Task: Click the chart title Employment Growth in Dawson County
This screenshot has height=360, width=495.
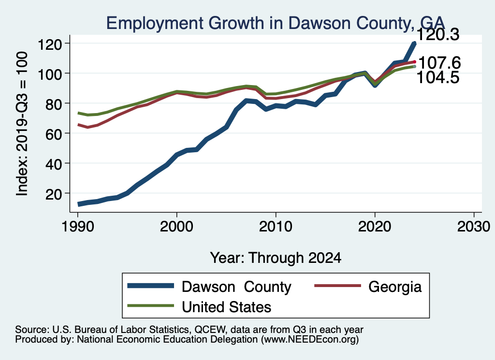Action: click(275, 23)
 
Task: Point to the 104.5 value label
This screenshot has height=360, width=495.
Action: click(438, 77)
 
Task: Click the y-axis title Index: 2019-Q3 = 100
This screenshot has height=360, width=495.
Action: click(22, 124)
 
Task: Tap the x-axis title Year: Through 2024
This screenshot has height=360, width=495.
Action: click(276, 258)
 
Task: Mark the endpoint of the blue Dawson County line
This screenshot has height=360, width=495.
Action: click(414, 43)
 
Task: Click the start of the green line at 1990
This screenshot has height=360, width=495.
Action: click(78, 113)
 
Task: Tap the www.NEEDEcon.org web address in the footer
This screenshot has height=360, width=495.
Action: click(310, 340)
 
